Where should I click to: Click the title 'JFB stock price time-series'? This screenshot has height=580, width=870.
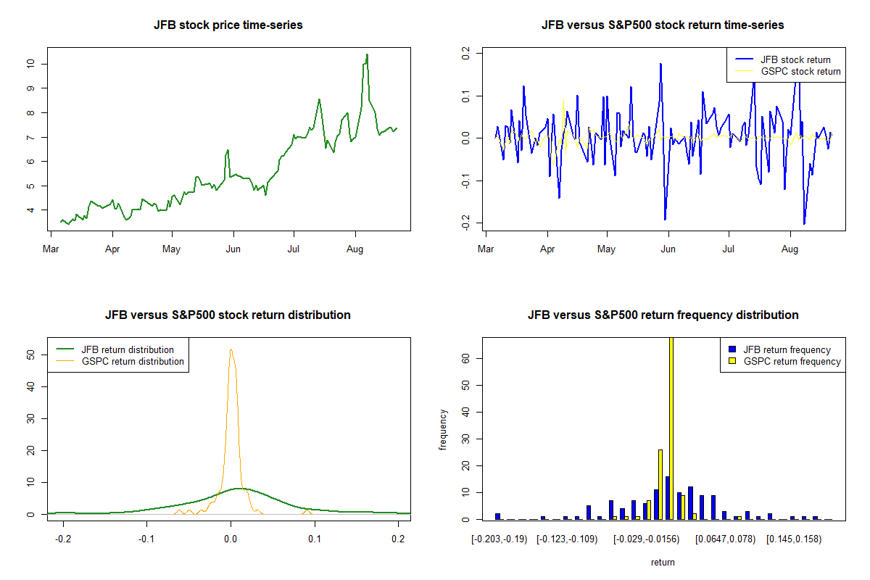pyautogui.click(x=228, y=25)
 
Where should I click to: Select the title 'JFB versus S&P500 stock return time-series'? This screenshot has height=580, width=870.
pyautogui.click(x=663, y=25)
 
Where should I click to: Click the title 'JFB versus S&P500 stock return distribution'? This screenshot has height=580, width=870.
pyautogui.click(x=228, y=315)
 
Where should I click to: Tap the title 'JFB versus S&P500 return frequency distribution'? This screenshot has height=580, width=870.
pyautogui.click(x=663, y=315)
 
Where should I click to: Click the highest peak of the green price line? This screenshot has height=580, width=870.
pyautogui.click(x=367, y=54)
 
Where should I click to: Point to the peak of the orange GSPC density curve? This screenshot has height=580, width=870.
pyautogui.click(x=231, y=349)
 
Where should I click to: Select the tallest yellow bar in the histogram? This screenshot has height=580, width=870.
pyautogui.click(x=671, y=428)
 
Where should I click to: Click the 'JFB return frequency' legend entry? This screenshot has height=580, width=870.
pyautogui.click(x=787, y=349)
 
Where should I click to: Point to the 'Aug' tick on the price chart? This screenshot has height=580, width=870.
pyautogui.click(x=355, y=249)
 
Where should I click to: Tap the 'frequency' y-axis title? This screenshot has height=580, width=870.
pyautogui.click(x=444, y=430)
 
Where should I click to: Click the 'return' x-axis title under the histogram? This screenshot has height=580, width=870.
pyautogui.click(x=663, y=563)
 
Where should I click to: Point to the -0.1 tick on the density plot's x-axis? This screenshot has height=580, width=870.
pyautogui.click(x=147, y=539)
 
